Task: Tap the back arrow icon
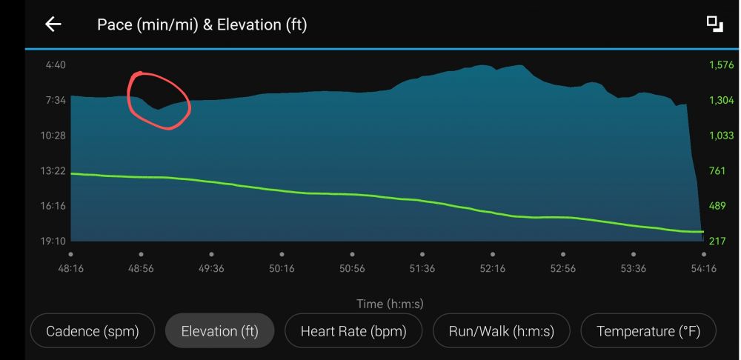[x=53, y=24]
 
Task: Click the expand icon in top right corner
[x=714, y=24]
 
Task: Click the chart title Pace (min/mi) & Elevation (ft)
[x=202, y=24]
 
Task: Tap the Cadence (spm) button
[x=93, y=331]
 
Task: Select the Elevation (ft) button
[x=219, y=331]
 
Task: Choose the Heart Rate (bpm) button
[x=353, y=331]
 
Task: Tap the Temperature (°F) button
[x=648, y=331]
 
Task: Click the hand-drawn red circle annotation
[x=159, y=101]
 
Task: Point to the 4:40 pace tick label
[x=56, y=65]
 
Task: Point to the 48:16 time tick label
[x=71, y=268]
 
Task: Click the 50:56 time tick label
[x=352, y=268]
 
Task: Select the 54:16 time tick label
[x=703, y=268]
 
